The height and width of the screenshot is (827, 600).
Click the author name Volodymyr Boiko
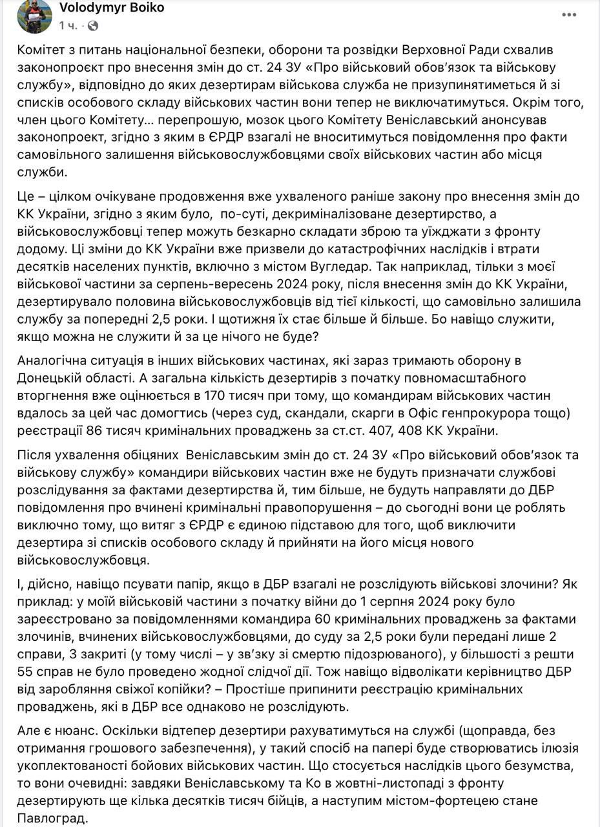(111, 8)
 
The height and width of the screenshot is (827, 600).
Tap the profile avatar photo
(35, 16)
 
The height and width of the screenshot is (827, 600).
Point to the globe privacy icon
(93, 26)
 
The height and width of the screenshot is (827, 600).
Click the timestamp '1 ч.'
(68, 26)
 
